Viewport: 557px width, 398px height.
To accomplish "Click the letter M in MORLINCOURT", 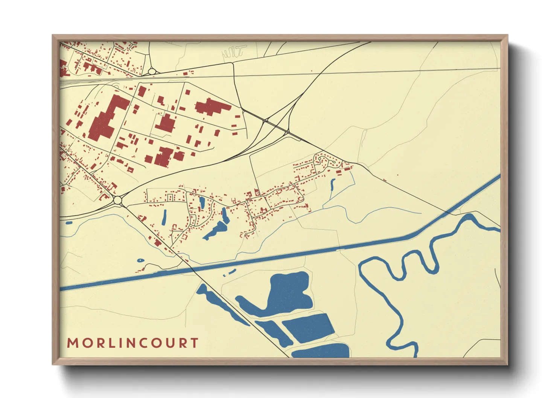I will (x=72, y=343).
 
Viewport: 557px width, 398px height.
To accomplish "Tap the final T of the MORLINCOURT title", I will (x=194, y=343).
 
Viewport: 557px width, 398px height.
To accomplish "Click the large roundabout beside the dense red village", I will (x=118, y=200).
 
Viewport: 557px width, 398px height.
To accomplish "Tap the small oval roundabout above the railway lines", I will (x=152, y=71).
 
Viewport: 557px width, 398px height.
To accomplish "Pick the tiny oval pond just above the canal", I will (x=140, y=260).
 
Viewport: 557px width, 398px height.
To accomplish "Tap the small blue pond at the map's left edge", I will (x=68, y=223).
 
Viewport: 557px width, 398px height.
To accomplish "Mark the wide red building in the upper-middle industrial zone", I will (x=211, y=106).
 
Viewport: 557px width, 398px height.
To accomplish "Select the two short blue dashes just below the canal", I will (x=229, y=272).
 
